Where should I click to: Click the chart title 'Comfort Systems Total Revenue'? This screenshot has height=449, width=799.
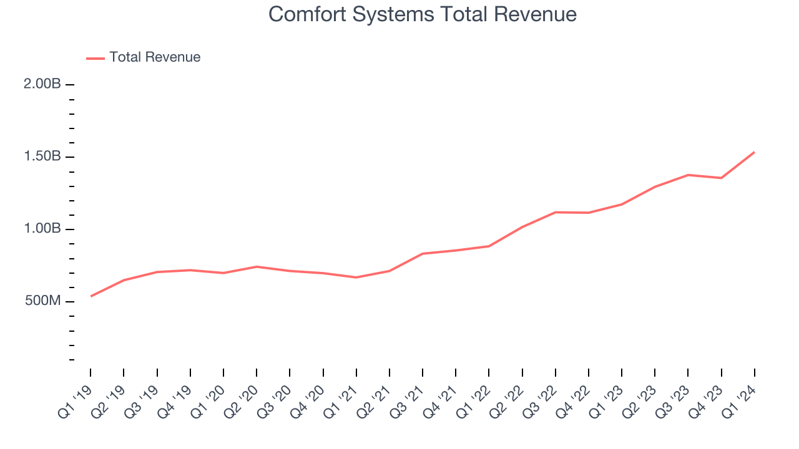422,14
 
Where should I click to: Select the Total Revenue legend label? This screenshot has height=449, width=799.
155,57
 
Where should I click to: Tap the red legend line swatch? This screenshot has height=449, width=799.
96,58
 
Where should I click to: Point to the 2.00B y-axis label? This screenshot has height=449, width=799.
42,84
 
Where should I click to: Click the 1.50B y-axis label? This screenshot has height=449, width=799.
42,157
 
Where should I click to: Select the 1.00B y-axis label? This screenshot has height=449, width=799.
42,229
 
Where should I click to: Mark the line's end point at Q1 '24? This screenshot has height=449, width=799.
754,152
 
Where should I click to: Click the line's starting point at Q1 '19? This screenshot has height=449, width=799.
91,296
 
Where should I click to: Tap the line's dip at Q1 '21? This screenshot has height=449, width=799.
356,277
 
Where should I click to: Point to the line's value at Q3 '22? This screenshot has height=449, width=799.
555,212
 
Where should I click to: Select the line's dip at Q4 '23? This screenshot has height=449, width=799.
721,178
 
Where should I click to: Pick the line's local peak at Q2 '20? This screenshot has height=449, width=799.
257,266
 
